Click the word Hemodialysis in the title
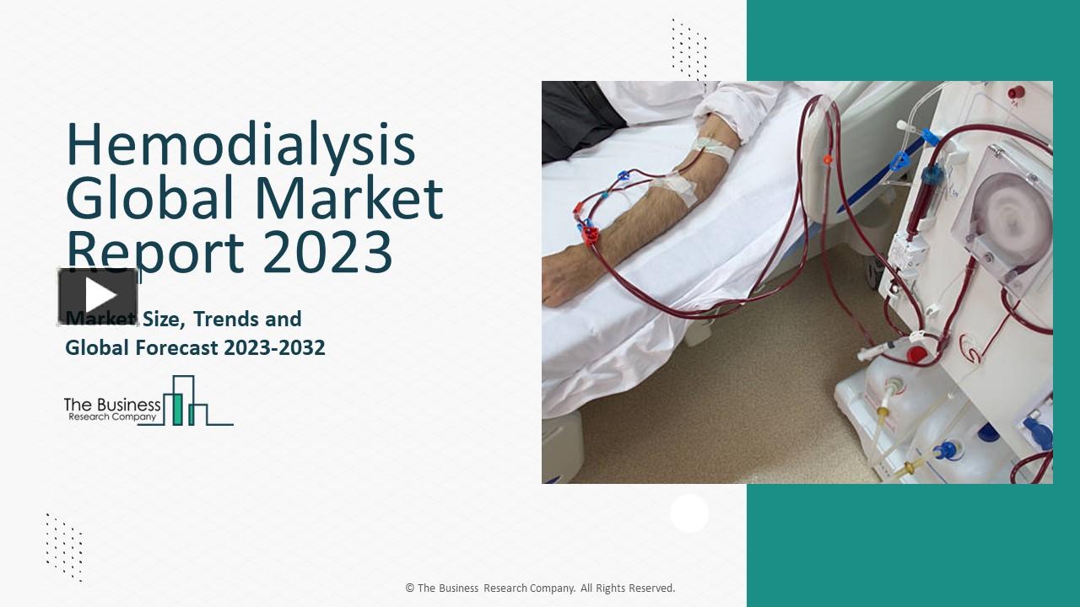click(240, 145)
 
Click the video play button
click(99, 296)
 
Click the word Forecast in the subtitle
click(176, 347)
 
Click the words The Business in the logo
click(112, 405)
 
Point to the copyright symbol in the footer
click(410, 588)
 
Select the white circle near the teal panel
click(689, 513)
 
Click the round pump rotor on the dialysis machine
click(1012, 216)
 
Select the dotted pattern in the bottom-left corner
click(64, 546)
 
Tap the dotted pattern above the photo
click(689, 51)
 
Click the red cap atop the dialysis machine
click(1017, 92)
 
